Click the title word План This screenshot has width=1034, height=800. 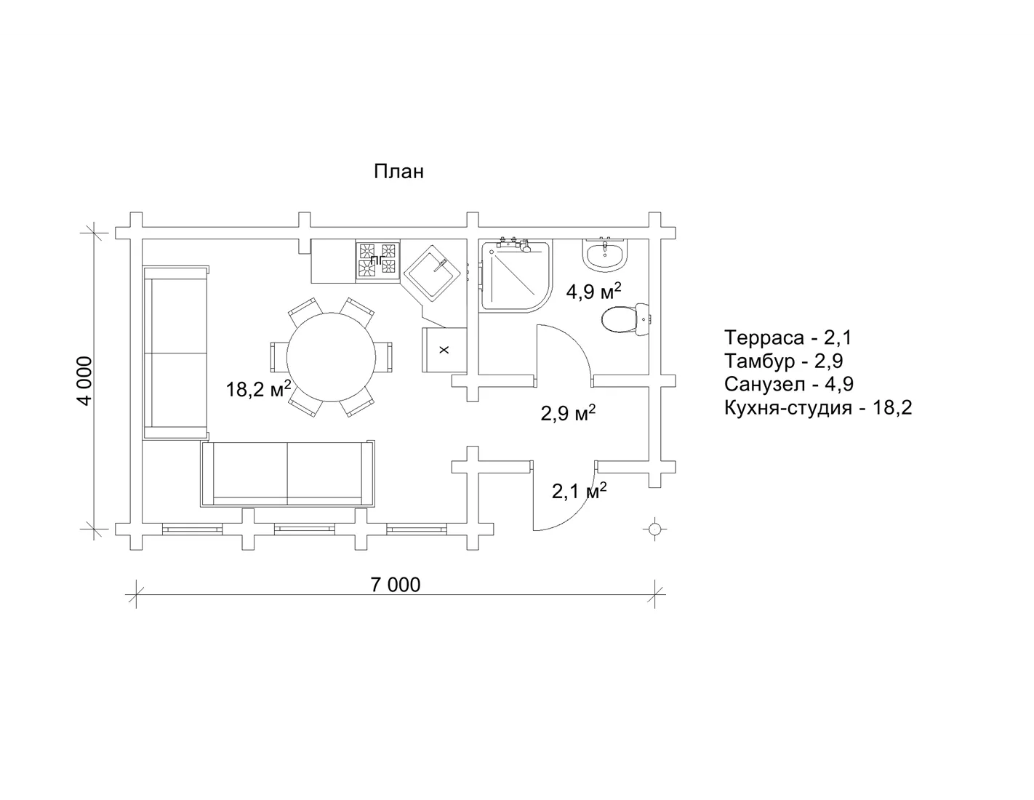pyautogui.click(x=398, y=172)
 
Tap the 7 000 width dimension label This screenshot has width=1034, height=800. pyautogui.click(x=396, y=585)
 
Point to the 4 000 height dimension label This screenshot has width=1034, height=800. pyautogui.click(x=85, y=380)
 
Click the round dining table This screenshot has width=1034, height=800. pyautogui.click(x=331, y=357)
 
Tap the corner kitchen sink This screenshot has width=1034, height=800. pyautogui.click(x=432, y=273)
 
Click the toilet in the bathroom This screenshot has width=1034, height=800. pyautogui.click(x=625, y=319)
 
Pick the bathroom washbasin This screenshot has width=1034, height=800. pyautogui.click(x=604, y=255)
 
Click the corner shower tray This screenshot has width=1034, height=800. pyautogui.click(x=516, y=276)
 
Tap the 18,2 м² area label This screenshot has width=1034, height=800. pyautogui.click(x=258, y=388)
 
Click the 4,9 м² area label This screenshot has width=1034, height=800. pyautogui.click(x=593, y=291)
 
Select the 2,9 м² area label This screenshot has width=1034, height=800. pyautogui.click(x=568, y=412)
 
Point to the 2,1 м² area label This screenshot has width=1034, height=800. pyautogui.click(x=579, y=490)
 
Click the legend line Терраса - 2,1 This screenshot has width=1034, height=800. pyautogui.click(x=787, y=337)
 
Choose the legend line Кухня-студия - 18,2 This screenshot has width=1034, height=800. pyautogui.click(x=818, y=408)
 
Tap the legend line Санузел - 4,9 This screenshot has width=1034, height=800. pyautogui.click(x=788, y=384)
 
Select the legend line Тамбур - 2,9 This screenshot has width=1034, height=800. pyautogui.click(x=783, y=361)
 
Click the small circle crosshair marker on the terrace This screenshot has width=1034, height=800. pyautogui.click(x=654, y=529)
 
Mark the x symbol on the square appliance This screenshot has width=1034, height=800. pyautogui.click(x=444, y=350)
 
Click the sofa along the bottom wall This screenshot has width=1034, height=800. pyautogui.click(x=288, y=474)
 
